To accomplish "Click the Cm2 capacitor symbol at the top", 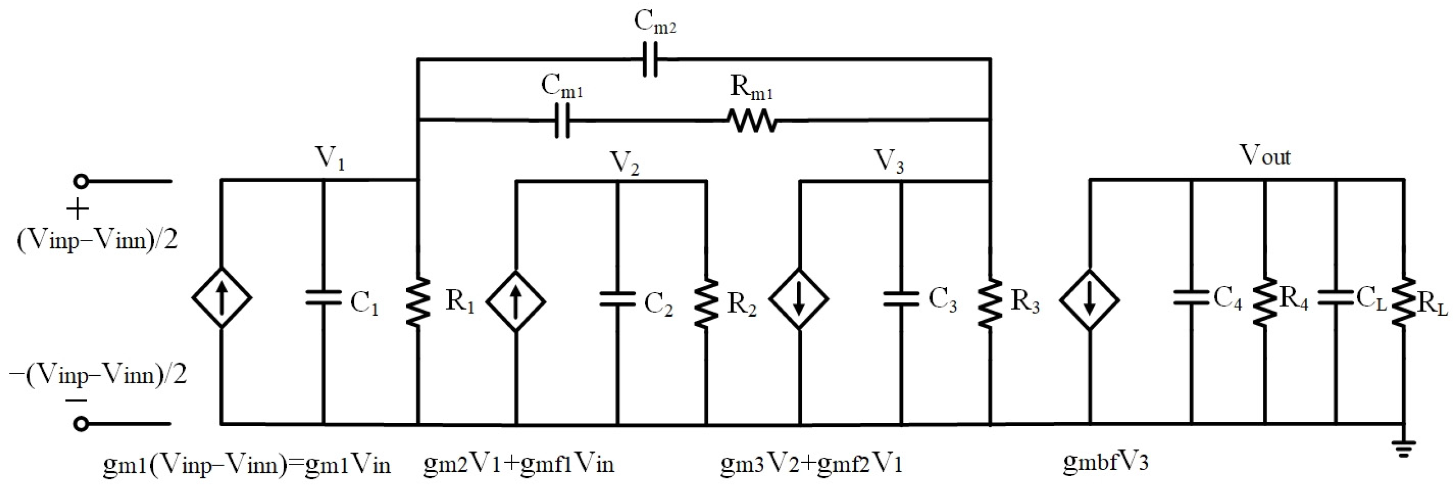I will pyautogui.click(x=651, y=59).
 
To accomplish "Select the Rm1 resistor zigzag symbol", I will pyautogui.click(x=752, y=120).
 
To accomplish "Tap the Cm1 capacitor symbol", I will pyautogui.click(x=561, y=120).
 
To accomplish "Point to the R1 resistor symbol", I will pyautogui.click(x=418, y=301).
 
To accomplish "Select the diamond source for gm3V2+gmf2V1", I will pyautogui.click(x=799, y=300).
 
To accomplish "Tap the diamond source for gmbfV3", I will pyautogui.click(x=1090, y=300).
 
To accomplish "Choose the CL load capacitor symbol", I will pyautogui.click(x=1337, y=299).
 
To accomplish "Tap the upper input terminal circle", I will pyautogui.click(x=81, y=182).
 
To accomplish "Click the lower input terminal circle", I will pyautogui.click(x=81, y=423).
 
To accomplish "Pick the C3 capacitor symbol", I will pyautogui.click(x=901, y=299).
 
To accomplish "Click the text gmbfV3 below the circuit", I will pyautogui.click(x=1105, y=462).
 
